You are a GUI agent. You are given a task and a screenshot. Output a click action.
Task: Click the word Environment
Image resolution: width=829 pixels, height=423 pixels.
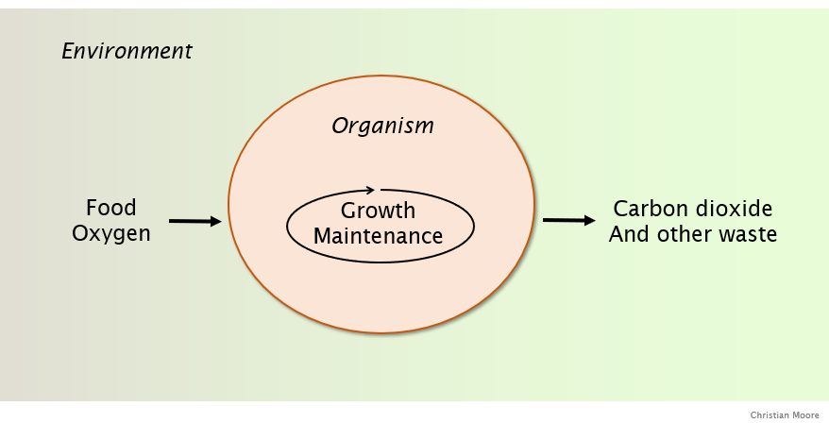pos(127,51)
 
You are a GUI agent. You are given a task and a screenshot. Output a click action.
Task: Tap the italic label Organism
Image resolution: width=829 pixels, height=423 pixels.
pos(382,126)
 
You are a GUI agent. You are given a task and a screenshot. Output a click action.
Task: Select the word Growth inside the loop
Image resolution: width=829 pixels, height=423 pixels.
pos(378,211)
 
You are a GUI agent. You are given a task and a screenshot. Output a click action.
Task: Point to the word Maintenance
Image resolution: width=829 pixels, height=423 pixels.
pos(378,236)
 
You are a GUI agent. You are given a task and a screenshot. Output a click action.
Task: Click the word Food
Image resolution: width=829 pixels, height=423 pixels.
pos(110,208)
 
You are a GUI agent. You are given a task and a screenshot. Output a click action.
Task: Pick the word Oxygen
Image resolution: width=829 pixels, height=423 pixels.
pos(110,233)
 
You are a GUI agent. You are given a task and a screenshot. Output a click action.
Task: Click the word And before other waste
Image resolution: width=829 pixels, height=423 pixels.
pos(629,234)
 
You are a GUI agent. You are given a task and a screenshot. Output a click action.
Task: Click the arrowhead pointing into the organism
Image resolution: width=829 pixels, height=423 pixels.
pos(217,222)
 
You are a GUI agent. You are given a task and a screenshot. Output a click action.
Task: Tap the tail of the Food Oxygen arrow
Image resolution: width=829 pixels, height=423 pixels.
pos(172,221)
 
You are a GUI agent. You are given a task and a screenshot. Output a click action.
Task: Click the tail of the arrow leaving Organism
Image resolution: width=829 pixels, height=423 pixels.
pos(546,220)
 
